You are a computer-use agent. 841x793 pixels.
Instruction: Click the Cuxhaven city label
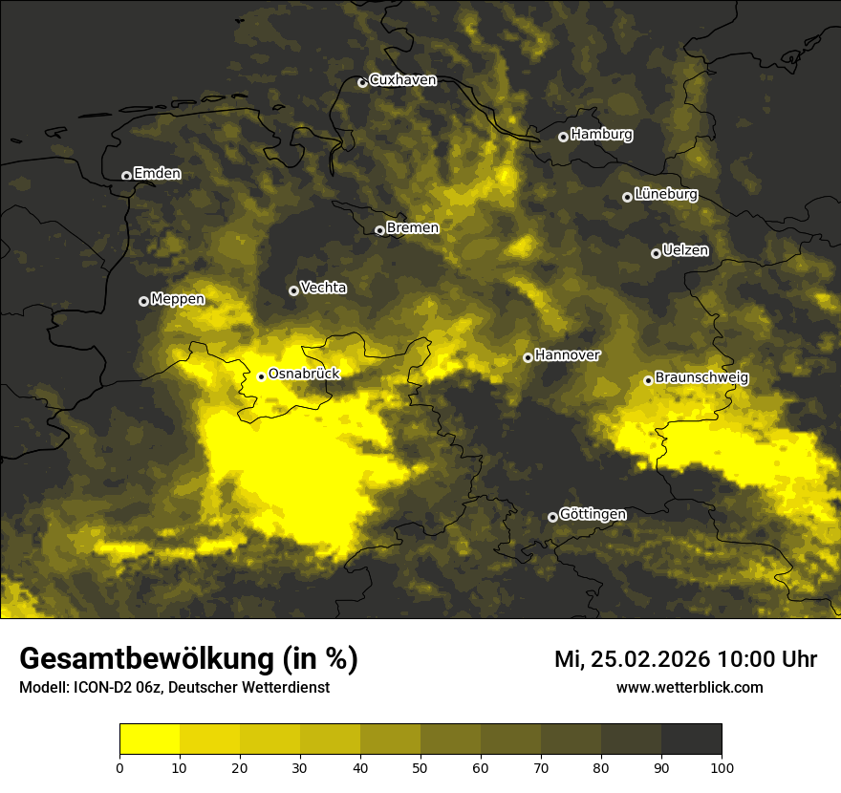pyautogui.click(x=402, y=80)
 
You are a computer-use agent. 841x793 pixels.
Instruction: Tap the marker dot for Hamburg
pyautogui.click(x=563, y=137)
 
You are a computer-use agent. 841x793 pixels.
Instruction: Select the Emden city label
pyautogui.click(x=157, y=174)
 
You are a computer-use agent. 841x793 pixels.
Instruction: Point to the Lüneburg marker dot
pyautogui.click(x=627, y=197)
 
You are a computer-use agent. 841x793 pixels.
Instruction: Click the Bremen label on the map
pyautogui.click(x=413, y=228)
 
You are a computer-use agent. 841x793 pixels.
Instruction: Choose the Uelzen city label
pyautogui.click(x=685, y=251)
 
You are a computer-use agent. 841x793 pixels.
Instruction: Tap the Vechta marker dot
pyautogui.click(x=293, y=290)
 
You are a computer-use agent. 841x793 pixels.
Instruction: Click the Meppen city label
pyautogui.click(x=178, y=299)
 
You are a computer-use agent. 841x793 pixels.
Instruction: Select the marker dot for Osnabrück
pyautogui.click(x=261, y=376)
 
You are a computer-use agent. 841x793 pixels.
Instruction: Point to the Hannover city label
pyautogui.click(x=568, y=355)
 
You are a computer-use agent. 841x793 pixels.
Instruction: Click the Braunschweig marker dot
pyautogui.click(x=648, y=380)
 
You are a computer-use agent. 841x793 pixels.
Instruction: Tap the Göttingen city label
pyautogui.click(x=593, y=515)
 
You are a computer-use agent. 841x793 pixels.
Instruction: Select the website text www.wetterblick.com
pyautogui.click(x=690, y=687)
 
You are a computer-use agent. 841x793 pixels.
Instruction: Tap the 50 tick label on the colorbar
pyautogui.click(x=420, y=767)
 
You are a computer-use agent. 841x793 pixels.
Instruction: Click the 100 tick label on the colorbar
pyautogui.click(x=721, y=767)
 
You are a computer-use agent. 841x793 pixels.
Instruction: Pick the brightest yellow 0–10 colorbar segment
pyautogui.click(x=149, y=739)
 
